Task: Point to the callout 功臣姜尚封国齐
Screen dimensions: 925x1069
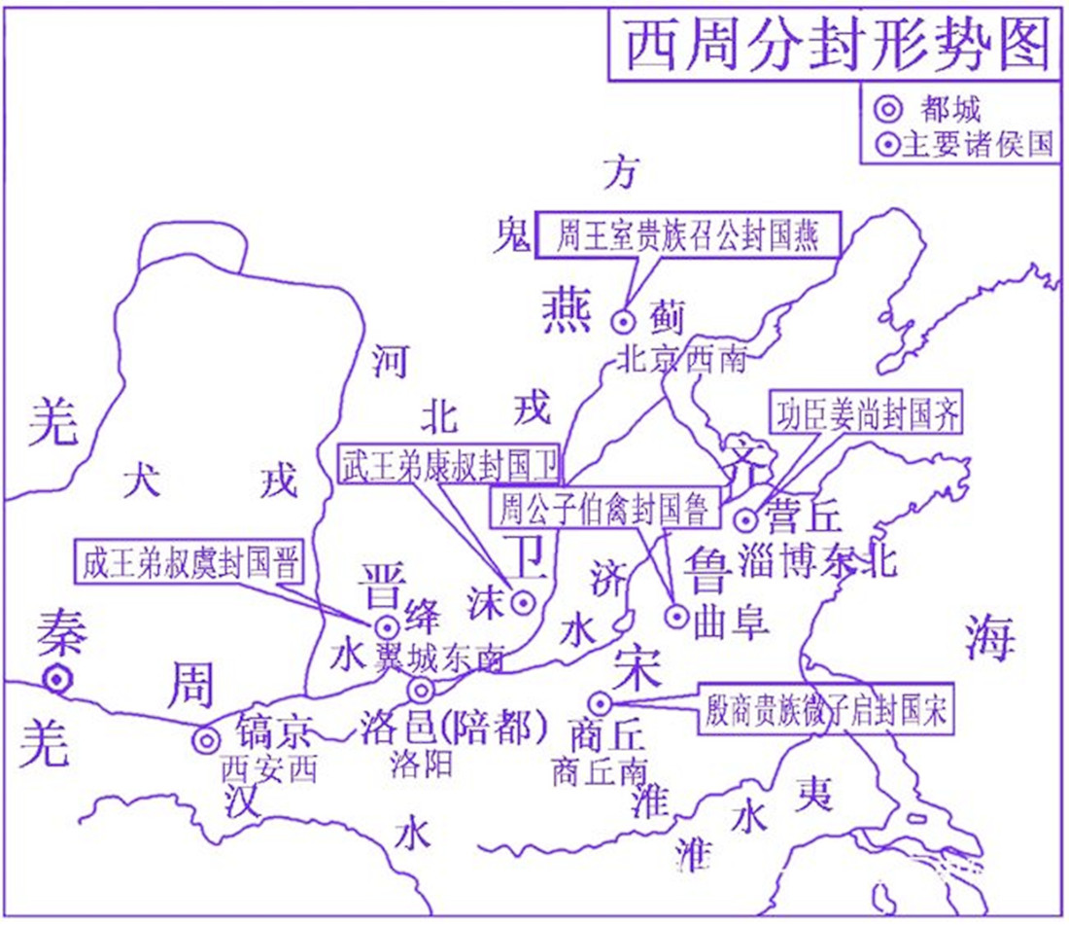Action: click(x=868, y=414)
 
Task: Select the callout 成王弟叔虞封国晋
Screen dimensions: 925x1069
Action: click(x=190, y=563)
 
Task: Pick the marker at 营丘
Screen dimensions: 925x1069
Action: click(x=745, y=519)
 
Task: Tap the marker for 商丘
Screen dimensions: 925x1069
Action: click(x=600, y=701)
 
